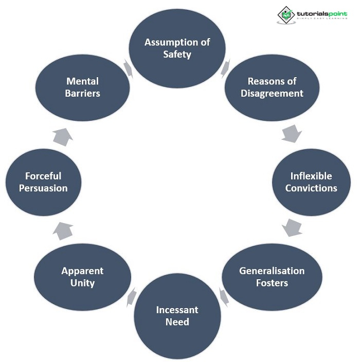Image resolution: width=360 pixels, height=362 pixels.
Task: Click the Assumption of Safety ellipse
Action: click(x=177, y=48)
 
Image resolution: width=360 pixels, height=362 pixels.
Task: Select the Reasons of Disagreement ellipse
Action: click(x=272, y=87)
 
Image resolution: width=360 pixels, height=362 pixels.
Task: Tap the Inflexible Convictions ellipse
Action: click(x=311, y=182)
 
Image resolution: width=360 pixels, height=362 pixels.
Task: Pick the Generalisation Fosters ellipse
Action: click(x=272, y=277)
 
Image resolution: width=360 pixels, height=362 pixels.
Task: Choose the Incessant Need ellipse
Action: click(x=177, y=316)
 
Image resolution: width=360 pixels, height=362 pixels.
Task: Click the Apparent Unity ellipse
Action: click(x=82, y=277)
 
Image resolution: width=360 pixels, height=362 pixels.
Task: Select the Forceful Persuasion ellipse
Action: click(x=43, y=182)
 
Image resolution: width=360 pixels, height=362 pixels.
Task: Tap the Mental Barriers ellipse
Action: click(x=82, y=87)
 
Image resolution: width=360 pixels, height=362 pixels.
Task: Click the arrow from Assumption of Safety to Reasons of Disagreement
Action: click(x=225, y=68)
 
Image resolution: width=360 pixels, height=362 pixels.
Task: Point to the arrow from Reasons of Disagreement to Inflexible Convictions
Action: click(x=292, y=134)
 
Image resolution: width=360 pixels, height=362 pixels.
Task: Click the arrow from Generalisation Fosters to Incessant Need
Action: click(x=224, y=296)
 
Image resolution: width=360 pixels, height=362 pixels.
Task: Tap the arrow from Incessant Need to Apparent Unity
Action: click(x=131, y=296)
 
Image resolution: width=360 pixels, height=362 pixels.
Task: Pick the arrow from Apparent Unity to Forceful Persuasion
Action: click(x=63, y=230)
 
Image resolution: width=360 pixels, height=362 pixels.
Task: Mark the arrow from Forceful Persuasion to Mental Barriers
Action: click(x=63, y=136)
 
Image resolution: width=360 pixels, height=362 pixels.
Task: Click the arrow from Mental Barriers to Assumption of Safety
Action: click(x=129, y=68)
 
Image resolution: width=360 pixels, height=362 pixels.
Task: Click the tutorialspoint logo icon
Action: click(x=285, y=14)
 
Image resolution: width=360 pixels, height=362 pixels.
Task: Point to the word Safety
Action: click(x=177, y=54)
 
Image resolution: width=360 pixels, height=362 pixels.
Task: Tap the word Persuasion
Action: click(x=43, y=188)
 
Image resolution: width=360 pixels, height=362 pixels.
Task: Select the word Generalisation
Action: click(x=272, y=270)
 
